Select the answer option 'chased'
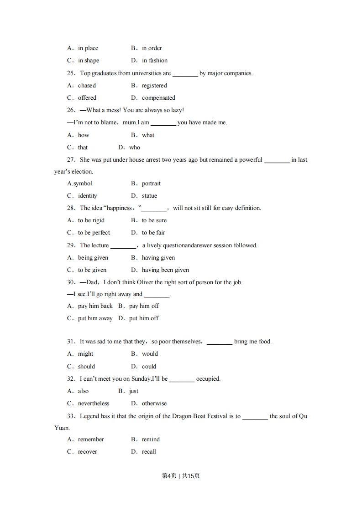point(87,85)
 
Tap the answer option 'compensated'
point(158,97)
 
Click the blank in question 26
point(163,123)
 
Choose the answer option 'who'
point(135,147)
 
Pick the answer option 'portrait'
point(151,184)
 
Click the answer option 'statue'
point(149,196)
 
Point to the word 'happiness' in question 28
point(119,208)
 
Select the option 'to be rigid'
point(91,220)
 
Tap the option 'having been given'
point(165,270)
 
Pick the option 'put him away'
point(95,318)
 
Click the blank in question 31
point(219,342)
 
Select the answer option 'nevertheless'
point(94,403)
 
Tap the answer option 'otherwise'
point(154,403)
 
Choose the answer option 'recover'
point(88,452)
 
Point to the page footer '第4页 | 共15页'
point(181,475)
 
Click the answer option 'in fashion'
point(155,60)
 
